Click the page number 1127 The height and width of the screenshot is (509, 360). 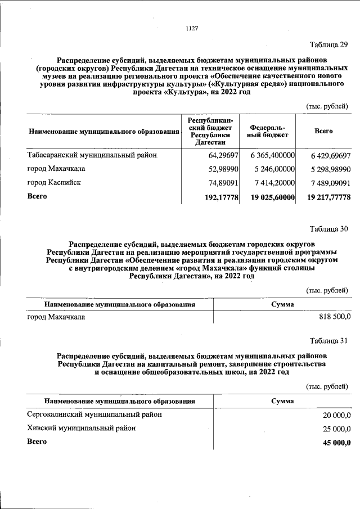click(x=192, y=29)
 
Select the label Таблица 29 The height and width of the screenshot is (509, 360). click(x=329, y=44)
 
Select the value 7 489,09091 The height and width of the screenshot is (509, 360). click(x=325, y=183)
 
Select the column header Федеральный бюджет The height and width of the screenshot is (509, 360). click(x=268, y=131)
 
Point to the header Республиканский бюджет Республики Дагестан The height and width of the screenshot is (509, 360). click(x=210, y=131)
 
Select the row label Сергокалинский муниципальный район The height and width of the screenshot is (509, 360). click(x=94, y=414)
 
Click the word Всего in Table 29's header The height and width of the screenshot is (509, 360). click(x=323, y=131)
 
